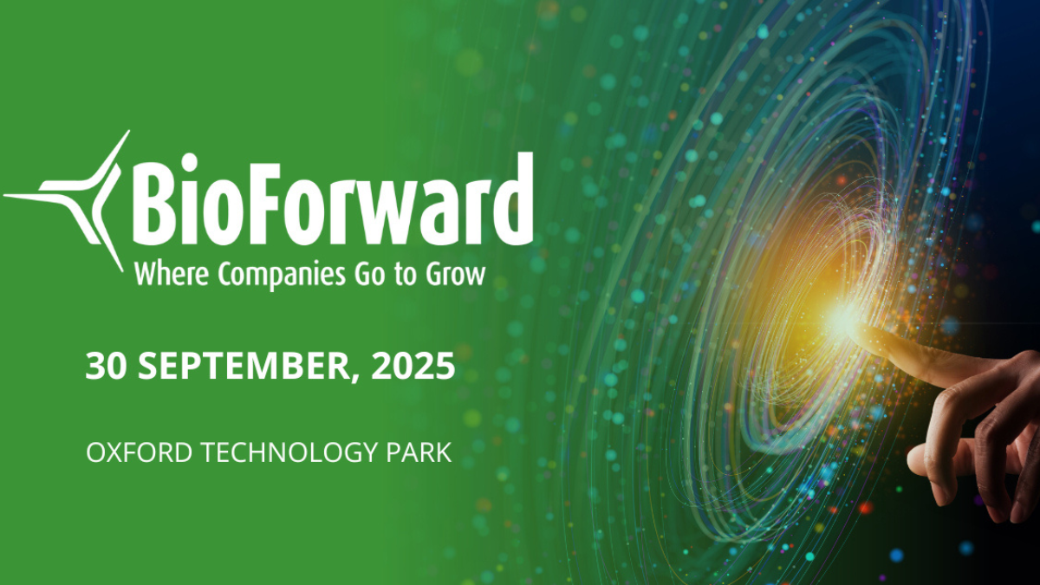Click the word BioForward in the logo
(x=333, y=199)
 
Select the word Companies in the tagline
(x=282, y=276)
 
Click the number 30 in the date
(x=106, y=366)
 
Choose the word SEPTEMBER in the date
(x=243, y=366)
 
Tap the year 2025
(x=413, y=366)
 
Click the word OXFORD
(x=139, y=452)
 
